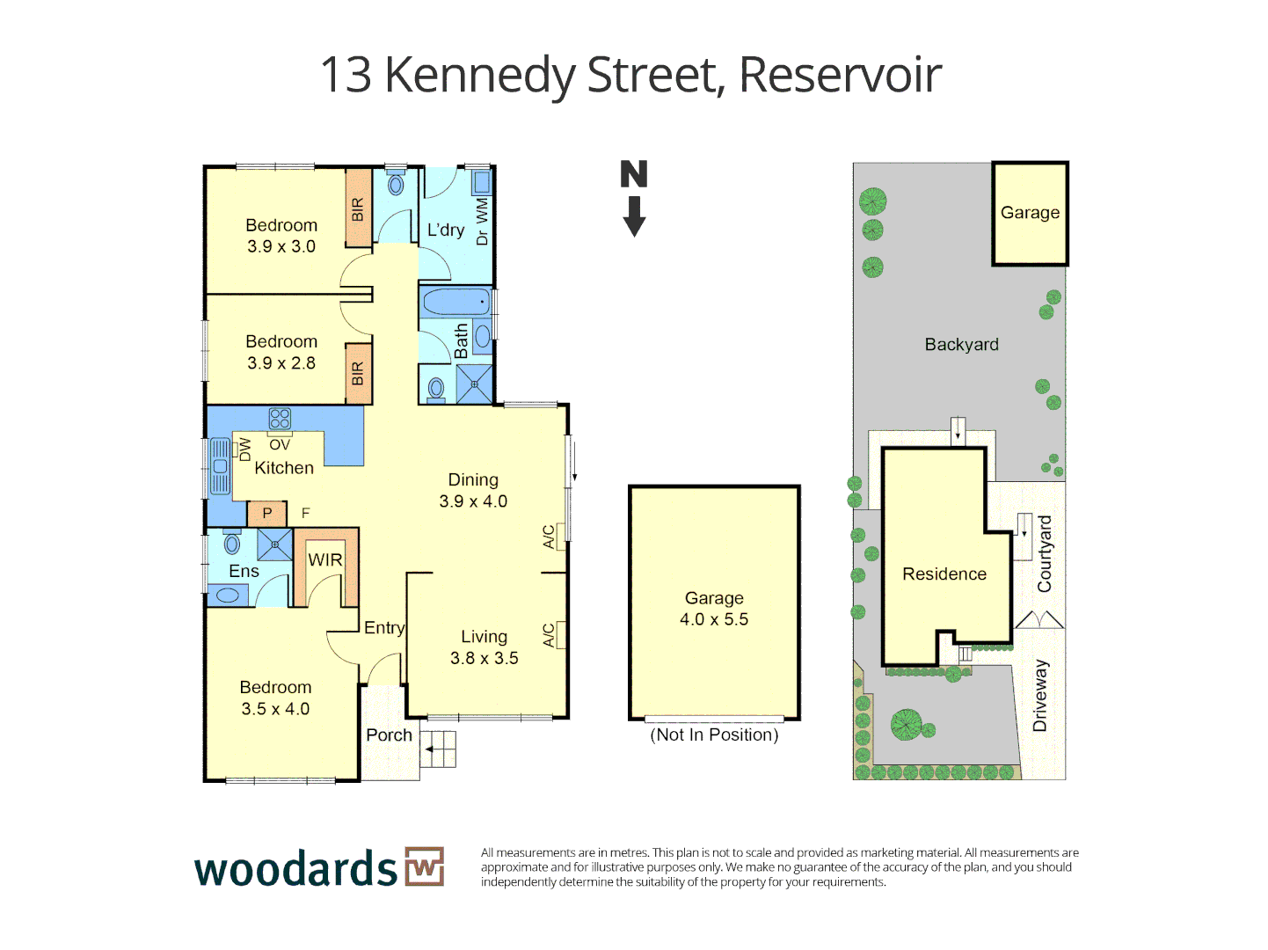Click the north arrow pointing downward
coord(634,216)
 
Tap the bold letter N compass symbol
coord(633,174)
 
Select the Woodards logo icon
coord(425,866)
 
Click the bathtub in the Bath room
coord(455,303)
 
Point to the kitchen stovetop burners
coord(280,418)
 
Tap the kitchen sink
coord(220,466)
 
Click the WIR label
coord(324,560)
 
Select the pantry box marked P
coord(267,513)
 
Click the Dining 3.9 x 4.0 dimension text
coord(473,501)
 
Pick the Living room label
coord(484,637)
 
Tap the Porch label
coord(389,734)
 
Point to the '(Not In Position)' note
coord(714,734)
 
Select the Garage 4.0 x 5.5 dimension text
coord(714,619)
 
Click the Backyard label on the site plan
coord(961,345)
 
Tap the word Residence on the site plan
coord(944,574)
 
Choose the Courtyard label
coord(1044,553)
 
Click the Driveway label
coord(1040,696)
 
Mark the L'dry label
coord(446,230)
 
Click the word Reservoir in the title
coord(840,75)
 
